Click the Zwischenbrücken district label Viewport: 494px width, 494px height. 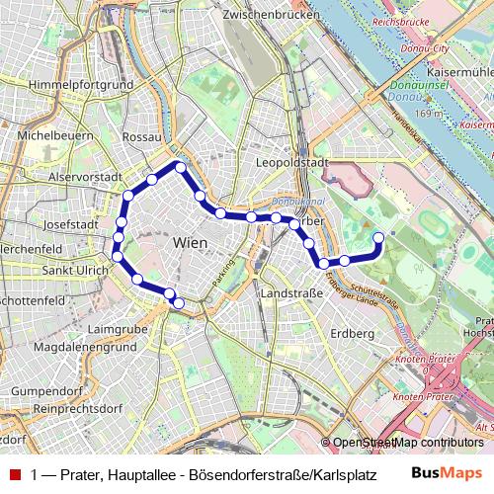pyautogui.click(x=275, y=15)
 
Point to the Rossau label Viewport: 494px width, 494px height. pyautogui.click(x=143, y=135)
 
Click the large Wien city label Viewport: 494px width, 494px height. pyautogui.click(x=190, y=242)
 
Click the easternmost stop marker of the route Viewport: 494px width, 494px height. pyautogui.click(x=377, y=236)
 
